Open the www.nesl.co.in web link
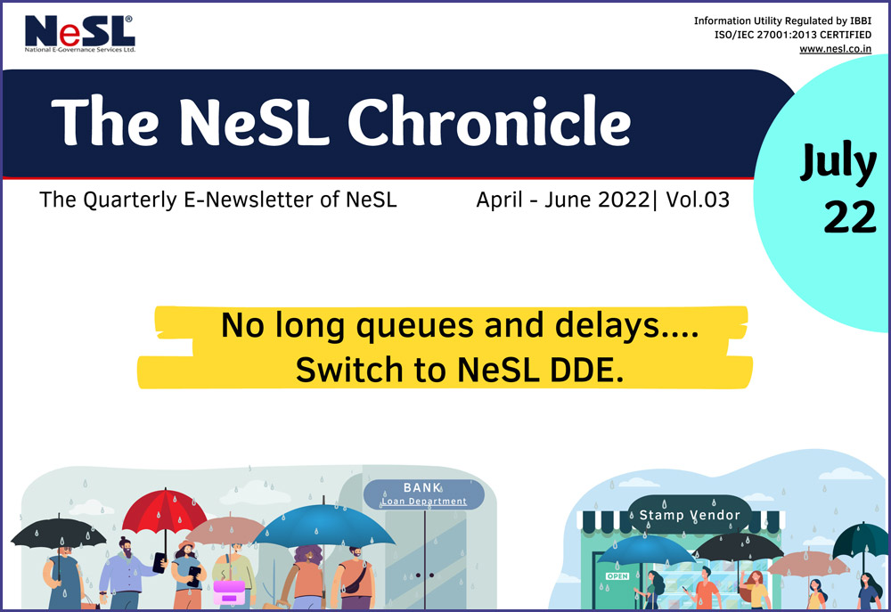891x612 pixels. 835,49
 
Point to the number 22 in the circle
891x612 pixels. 849,217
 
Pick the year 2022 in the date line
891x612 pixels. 619,200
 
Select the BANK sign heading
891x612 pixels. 422,488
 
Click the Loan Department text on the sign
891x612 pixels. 424,502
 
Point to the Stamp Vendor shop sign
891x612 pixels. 689,515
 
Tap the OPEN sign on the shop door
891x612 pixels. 617,576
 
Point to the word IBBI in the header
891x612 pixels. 859,20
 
